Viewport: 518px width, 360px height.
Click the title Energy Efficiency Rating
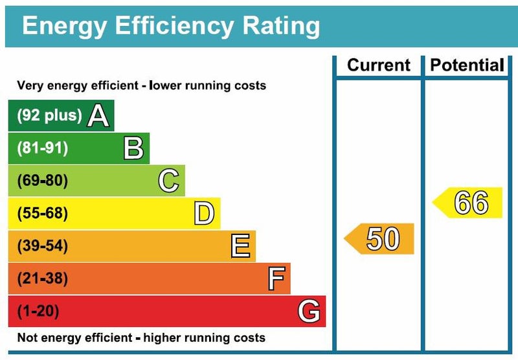click(x=171, y=26)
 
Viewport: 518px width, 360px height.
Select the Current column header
click(x=379, y=65)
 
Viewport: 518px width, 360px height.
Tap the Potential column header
click(x=467, y=65)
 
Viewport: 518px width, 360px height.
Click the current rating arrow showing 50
click(x=381, y=238)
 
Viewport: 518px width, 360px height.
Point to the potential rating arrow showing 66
click(x=469, y=203)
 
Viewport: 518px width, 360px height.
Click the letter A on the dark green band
click(x=98, y=116)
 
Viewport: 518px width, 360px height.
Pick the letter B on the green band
click(x=133, y=149)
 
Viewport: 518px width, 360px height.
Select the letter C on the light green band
click(x=168, y=181)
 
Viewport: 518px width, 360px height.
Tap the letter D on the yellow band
click(x=204, y=214)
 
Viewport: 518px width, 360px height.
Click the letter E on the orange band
click(x=240, y=247)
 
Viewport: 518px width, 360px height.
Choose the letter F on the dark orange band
click(x=276, y=280)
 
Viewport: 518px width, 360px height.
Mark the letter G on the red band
click(x=309, y=312)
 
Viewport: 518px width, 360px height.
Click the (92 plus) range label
click(x=49, y=116)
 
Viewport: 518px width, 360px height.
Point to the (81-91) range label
click(x=42, y=148)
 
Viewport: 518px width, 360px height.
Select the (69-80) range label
click(x=42, y=181)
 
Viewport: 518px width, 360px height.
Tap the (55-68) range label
click(x=42, y=214)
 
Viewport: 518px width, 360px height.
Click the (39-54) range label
click(x=42, y=246)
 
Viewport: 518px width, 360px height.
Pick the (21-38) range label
click(x=42, y=279)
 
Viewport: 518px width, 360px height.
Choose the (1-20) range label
click(x=38, y=311)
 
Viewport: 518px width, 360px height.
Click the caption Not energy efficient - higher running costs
click(x=141, y=337)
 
